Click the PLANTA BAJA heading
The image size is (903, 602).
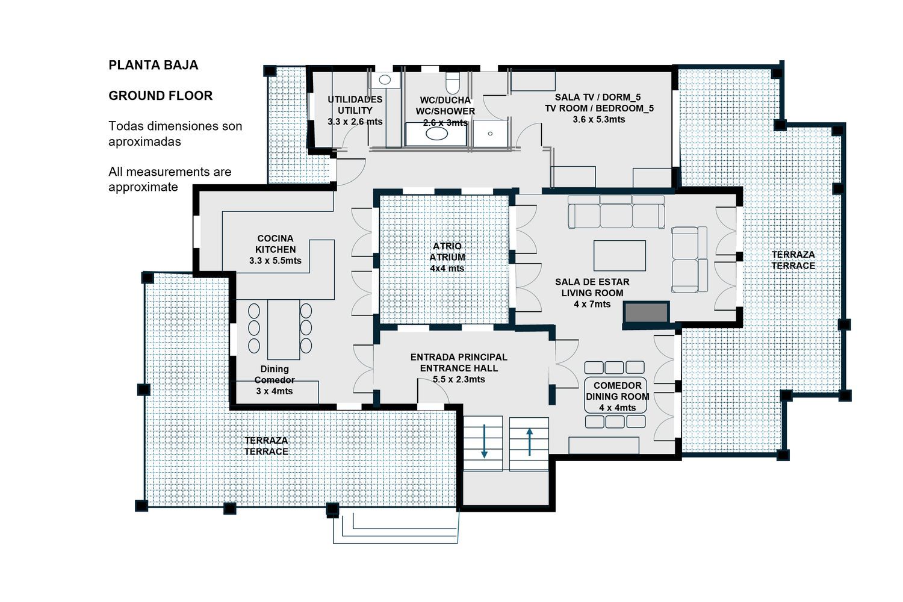click(x=153, y=66)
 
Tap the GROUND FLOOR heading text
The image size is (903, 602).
click(x=161, y=96)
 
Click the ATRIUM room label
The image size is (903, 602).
click(x=447, y=257)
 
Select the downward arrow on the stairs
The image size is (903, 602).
click(x=484, y=441)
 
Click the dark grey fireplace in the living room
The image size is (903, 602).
click(x=646, y=312)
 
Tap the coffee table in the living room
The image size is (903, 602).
click(x=619, y=256)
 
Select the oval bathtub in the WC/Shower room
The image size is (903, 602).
click(x=436, y=134)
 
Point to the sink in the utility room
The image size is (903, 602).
click(x=385, y=80)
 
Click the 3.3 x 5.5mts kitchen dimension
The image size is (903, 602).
click(x=275, y=261)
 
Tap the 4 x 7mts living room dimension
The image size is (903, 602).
click(x=592, y=305)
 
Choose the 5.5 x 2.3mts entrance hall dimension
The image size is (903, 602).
click(x=459, y=379)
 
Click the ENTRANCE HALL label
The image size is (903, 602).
click(x=459, y=368)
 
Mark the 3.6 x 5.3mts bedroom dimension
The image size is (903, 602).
click(x=599, y=120)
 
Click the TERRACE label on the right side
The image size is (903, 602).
click(x=793, y=266)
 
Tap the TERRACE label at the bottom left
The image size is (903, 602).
click(x=266, y=451)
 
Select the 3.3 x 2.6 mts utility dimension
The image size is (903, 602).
click(x=355, y=122)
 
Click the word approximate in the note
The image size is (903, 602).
click(x=143, y=187)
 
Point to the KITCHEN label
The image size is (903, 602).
click(x=275, y=250)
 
